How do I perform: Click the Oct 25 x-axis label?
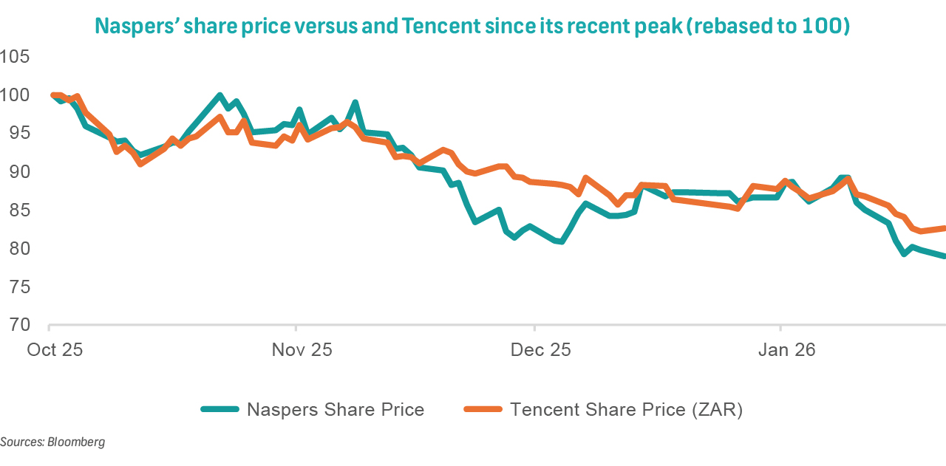click(55, 349)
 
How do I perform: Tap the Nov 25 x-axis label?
click(302, 349)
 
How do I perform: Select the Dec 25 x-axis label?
click(540, 349)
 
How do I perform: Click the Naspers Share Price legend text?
click(336, 409)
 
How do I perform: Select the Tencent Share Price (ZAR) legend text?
click(626, 409)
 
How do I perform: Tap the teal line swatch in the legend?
click(220, 409)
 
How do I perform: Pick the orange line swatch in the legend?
click(483, 409)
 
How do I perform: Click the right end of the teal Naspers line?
click(945, 256)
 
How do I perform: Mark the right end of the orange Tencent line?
click(945, 228)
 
